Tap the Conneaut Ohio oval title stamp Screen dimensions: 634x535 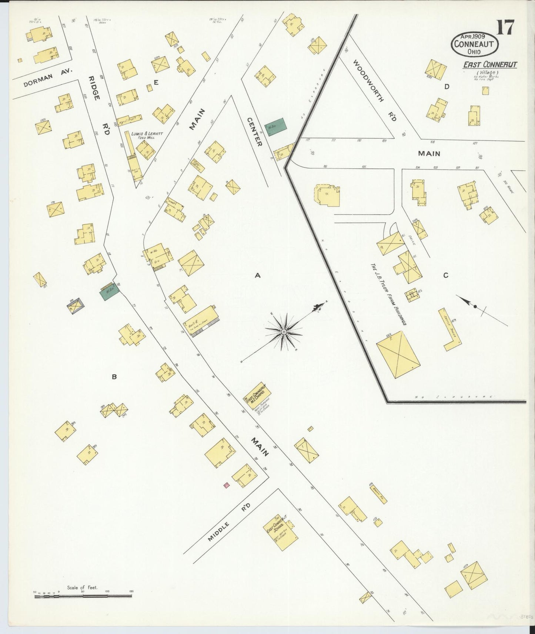coord(474,44)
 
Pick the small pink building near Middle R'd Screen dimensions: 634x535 coord(227,485)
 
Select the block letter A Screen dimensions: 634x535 coord(258,275)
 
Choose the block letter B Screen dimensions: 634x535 coord(114,377)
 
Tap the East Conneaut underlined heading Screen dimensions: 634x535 coord(490,65)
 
